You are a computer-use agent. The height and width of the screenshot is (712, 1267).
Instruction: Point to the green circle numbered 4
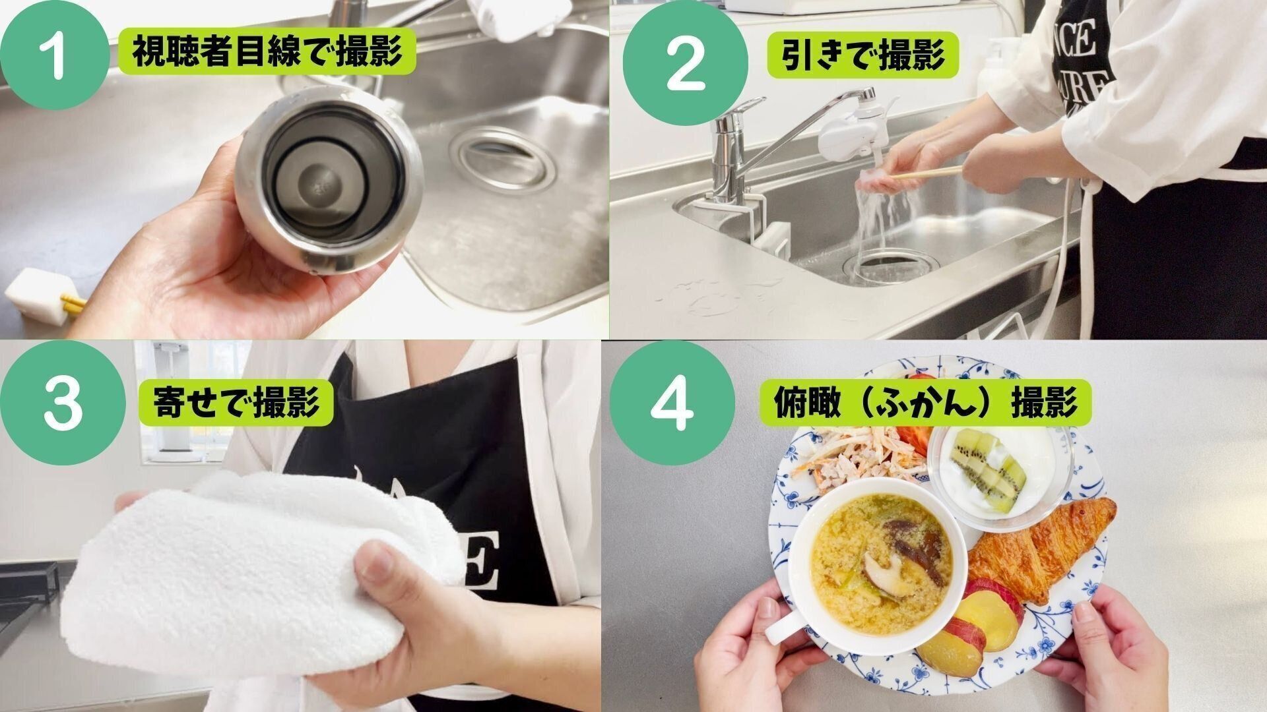coord(672,403)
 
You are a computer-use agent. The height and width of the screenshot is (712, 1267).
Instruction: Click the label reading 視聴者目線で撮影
coord(267,51)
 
